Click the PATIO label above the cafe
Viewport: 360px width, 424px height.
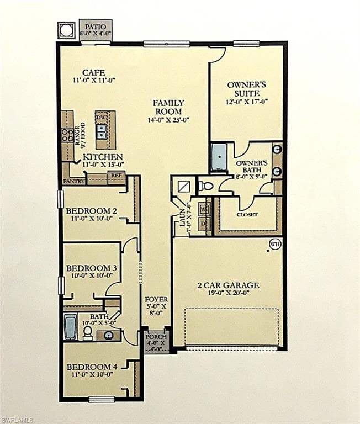pyautogui.click(x=96, y=25)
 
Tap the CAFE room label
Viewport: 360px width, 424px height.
pyautogui.click(x=93, y=72)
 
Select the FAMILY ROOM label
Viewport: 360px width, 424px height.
pyautogui.click(x=168, y=107)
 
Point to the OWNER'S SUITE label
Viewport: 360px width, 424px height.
pyautogui.click(x=247, y=89)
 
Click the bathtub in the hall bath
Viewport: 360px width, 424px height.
pyautogui.click(x=70, y=326)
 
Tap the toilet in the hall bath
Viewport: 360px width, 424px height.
pyautogui.click(x=88, y=332)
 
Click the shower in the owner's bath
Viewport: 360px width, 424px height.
pyautogui.click(x=219, y=157)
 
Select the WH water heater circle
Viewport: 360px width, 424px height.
pyautogui.click(x=274, y=243)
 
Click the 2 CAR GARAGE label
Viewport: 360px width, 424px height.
pyautogui.click(x=228, y=285)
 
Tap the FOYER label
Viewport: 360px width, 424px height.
pyautogui.click(x=152, y=299)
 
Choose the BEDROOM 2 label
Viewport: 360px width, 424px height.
pyautogui.click(x=91, y=210)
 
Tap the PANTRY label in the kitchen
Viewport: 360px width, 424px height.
pyautogui.click(x=73, y=181)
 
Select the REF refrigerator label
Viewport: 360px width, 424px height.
pyautogui.click(x=116, y=175)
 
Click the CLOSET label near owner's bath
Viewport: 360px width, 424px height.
pyautogui.click(x=247, y=214)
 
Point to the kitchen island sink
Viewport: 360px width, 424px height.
pyautogui.click(x=102, y=131)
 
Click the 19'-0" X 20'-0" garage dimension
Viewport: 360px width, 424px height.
pyautogui.click(x=228, y=294)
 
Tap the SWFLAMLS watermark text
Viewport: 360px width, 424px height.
pyautogui.click(x=17, y=420)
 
